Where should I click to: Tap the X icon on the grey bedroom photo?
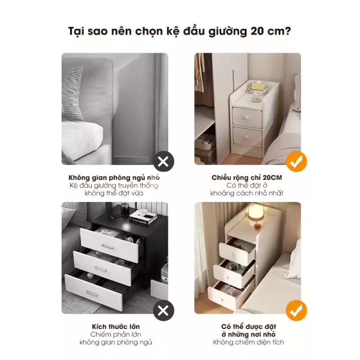(x=163, y=162)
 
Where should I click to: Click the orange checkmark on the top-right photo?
(x=297, y=162)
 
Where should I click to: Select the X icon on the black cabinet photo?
(x=163, y=310)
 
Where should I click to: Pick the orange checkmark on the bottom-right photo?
(x=297, y=310)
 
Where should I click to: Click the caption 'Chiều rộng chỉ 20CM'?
(x=247, y=178)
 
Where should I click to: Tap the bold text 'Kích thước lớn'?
(x=116, y=326)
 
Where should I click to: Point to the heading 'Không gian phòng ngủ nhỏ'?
(x=114, y=178)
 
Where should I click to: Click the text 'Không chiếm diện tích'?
(x=248, y=342)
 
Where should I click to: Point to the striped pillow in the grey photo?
(x=72, y=94)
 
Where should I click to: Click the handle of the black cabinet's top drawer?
(x=108, y=246)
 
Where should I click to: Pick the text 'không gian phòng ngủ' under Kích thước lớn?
(x=116, y=342)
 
